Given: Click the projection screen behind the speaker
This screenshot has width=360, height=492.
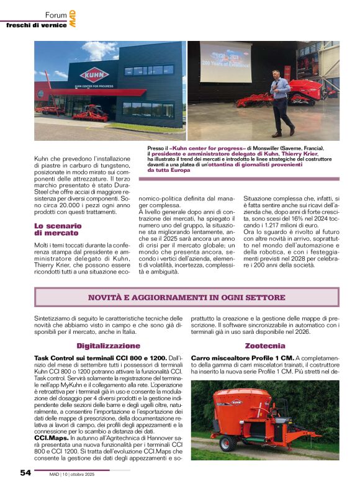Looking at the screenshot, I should (x=225, y=62).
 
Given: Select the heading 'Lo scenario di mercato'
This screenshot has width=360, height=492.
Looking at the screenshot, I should (x=56, y=229).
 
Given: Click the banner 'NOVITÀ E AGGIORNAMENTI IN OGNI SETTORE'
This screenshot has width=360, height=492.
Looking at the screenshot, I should (x=186, y=297).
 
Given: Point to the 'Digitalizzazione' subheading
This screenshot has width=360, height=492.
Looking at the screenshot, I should (x=108, y=345).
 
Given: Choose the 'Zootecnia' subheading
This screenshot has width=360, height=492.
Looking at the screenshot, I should (x=265, y=345).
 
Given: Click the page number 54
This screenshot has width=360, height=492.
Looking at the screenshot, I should (x=25, y=473).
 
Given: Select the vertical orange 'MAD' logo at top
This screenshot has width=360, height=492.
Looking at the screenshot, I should (x=72, y=18).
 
